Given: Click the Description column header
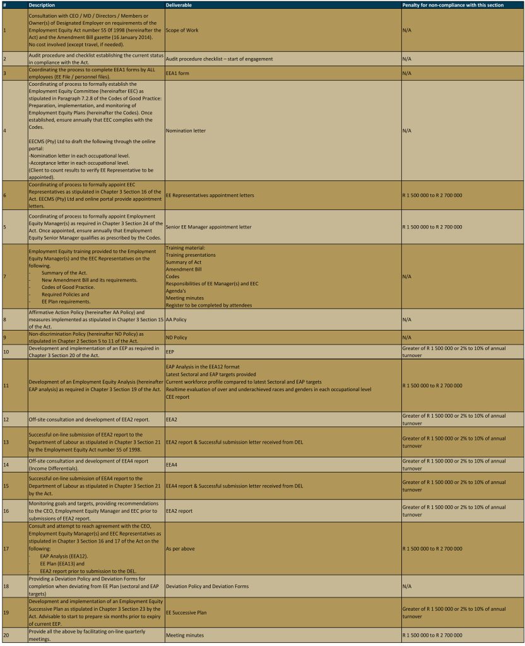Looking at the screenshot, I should point(42,4).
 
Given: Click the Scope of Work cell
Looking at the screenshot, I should point(182,30).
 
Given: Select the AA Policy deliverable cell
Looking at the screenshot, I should point(176,320).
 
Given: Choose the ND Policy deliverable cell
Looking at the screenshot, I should point(176,338).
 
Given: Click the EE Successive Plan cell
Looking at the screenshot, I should point(186,612).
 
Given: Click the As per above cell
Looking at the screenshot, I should point(180,548).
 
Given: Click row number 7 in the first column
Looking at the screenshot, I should point(5,276).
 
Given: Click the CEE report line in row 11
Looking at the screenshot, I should point(177,397).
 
